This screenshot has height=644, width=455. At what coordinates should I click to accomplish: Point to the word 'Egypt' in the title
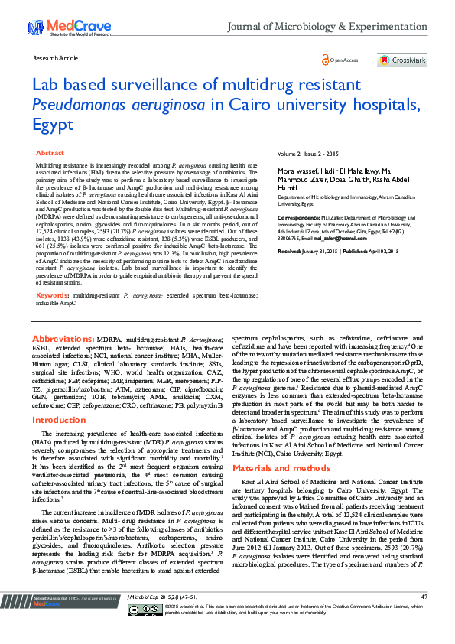[x=52, y=125]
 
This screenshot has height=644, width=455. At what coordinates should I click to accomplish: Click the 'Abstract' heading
[x=50, y=154]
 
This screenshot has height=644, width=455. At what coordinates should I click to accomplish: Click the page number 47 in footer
[x=424, y=617]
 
